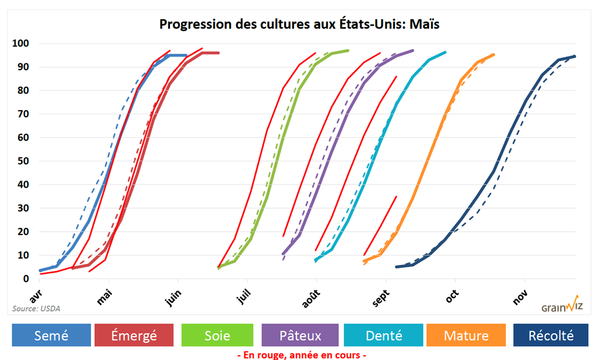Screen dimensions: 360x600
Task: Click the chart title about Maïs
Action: (x=299, y=25)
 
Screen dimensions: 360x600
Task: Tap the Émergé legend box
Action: (x=134, y=335)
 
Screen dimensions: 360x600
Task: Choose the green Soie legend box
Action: (x=217, y=335)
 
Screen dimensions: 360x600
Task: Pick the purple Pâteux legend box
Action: (x=300, y=335)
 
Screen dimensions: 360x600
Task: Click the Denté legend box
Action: (x=383, y=335)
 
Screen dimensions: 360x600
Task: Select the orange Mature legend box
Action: (x=466, y=335)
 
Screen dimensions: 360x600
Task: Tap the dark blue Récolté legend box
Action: (x=550, y=335)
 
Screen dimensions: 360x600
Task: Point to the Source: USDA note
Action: (x=36, y=308)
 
